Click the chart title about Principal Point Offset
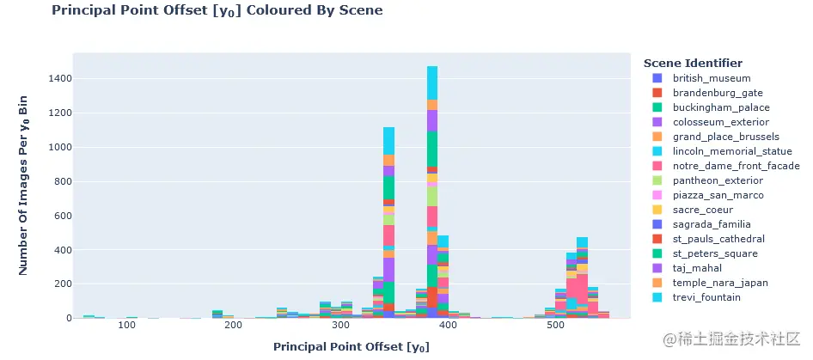(x=217, y=11)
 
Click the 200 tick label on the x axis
(x=233, y=327)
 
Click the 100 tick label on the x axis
(x=126, y=327)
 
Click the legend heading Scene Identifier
(x=693, y=64)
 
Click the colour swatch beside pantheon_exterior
(x=657, y=180)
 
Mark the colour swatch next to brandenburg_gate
(x=657, y=93)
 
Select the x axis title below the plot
(x=351, y=347)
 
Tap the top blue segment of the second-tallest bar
(x=389, y=140)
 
